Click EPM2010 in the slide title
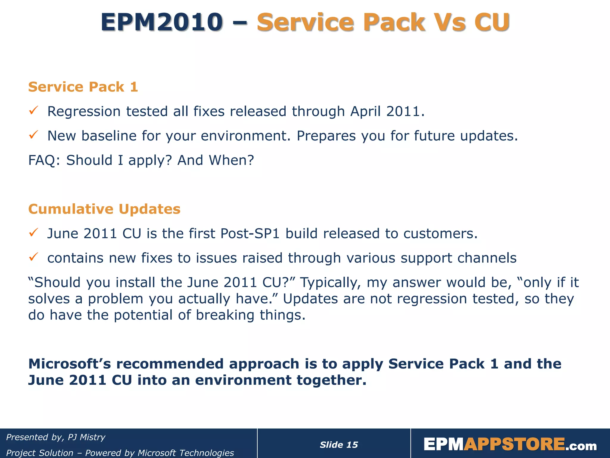161,22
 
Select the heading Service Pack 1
83,87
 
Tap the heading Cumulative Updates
104,209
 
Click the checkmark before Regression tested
33,111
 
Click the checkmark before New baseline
33,135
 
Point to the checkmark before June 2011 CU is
33,233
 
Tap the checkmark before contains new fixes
33,257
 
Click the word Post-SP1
250,233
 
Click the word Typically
330,283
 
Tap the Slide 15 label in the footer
339,445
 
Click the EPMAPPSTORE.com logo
510,445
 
